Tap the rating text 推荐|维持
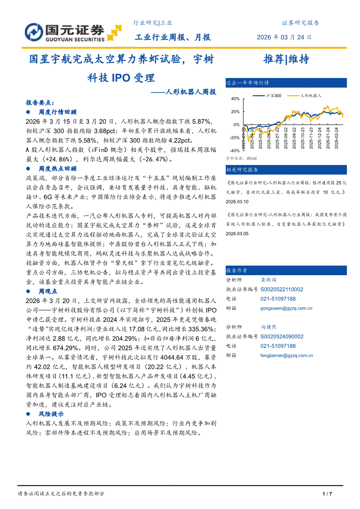point(286,59)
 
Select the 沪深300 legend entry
point(273,95)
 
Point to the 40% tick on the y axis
point(235,99)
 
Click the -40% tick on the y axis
point(234,151)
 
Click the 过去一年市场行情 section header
point(247,82)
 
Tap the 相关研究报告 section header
point(242,169)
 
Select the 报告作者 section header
point(237,270)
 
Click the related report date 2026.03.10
point(237,202)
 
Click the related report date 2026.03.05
point(237,234)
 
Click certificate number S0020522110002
point(282,289)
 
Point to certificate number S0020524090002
point(282,337)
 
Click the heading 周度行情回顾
point(58,112)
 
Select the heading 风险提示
point(51,414)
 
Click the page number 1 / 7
point(327,493)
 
